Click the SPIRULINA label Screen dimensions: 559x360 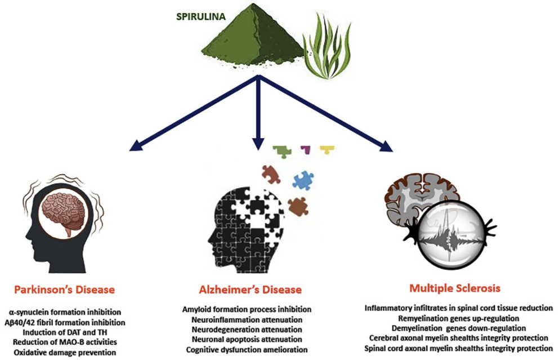201,16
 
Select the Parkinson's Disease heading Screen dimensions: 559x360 65,290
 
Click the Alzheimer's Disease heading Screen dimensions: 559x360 251,290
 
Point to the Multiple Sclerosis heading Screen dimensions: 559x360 455,288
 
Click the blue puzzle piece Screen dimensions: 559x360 303,180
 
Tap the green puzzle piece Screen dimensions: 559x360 282,152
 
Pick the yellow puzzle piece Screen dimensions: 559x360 327,149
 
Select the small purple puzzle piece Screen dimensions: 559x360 306,149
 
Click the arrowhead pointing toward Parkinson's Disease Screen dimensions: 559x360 136,145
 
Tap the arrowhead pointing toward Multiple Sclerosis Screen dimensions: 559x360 386,146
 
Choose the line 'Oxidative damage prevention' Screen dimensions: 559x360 65,353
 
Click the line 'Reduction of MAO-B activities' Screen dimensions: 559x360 65,342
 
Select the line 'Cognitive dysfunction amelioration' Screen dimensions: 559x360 247,350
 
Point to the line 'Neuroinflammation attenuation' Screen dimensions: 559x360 247,319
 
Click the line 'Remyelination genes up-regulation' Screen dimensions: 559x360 458,318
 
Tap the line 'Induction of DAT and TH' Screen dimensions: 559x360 65,332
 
